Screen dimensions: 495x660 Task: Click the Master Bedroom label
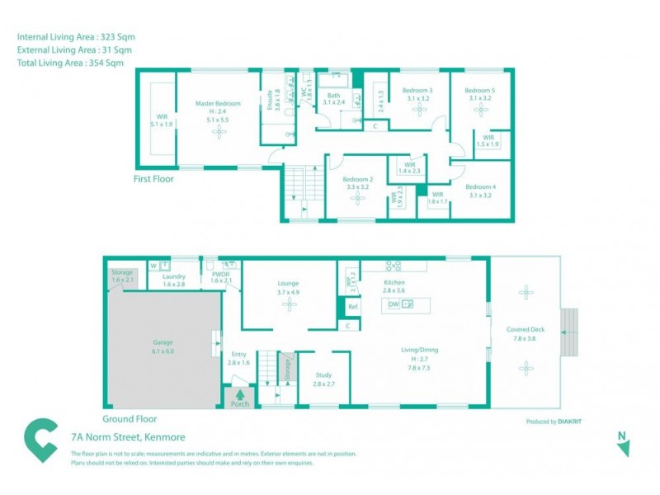tap(218, 103)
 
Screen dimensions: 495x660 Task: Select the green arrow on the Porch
tap(240, 394)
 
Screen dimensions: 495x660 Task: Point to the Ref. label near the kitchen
tap(352, 307)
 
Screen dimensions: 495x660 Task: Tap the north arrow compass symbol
tap(624, 445)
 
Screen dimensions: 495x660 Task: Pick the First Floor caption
tap(153, 178)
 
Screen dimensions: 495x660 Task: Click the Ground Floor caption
tap(129, 418)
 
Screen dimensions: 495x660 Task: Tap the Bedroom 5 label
tap(479, 90)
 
